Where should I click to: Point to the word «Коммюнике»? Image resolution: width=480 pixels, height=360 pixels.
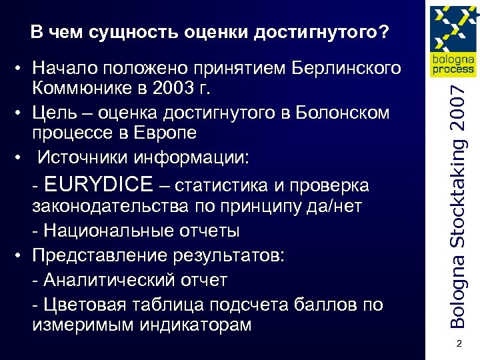pos(79,88)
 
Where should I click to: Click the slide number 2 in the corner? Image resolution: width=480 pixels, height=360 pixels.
pos(458,344)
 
